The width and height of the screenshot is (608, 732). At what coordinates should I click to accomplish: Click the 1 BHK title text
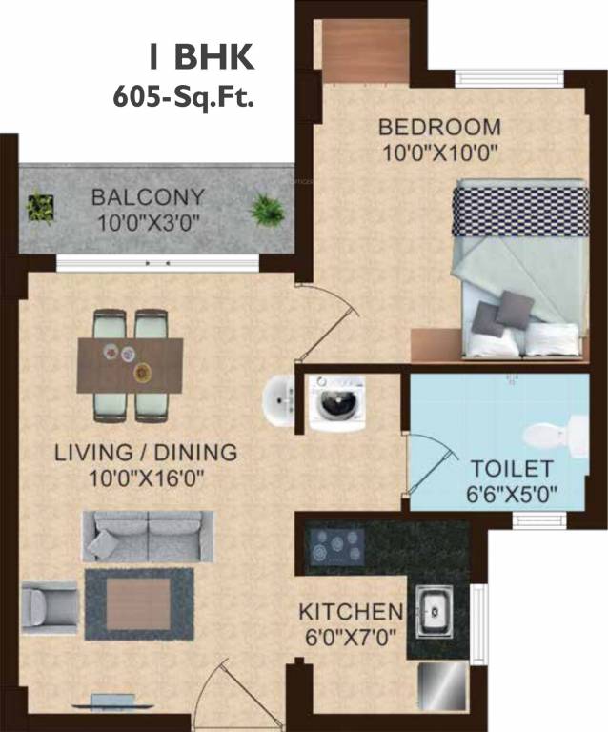pos(201,56)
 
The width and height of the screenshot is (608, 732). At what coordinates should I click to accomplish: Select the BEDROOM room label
pos(439,127)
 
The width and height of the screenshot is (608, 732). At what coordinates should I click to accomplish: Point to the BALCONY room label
pos(148,198)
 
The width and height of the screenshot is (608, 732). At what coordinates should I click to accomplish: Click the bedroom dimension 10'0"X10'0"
pos(439,151)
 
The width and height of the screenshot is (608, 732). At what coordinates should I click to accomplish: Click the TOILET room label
pos(512,469)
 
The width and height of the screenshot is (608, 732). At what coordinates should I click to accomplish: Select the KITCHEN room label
pos(350,610)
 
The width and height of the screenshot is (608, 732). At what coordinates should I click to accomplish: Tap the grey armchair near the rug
pos(47,606)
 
